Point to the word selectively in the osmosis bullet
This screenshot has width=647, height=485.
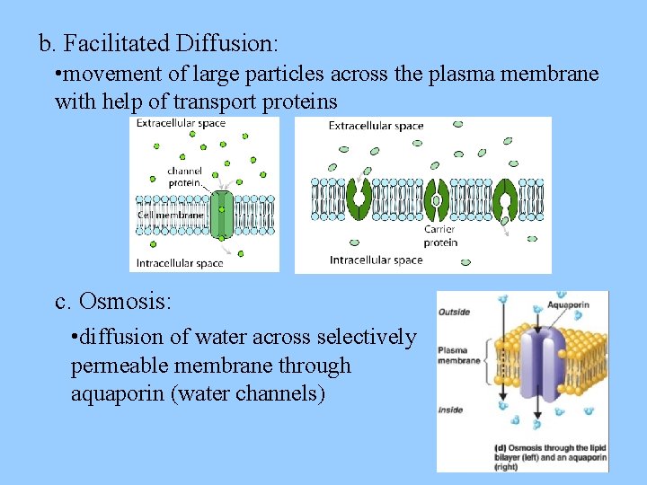tap(363, 338)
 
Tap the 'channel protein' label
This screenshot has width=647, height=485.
tap(184, 176)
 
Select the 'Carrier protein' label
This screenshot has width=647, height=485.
tap(440, 235)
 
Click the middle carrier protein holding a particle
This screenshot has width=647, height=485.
tap(437, 200)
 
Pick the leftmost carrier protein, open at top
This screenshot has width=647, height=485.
tap(360, 198)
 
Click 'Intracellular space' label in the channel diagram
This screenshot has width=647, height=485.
tap(180, 263)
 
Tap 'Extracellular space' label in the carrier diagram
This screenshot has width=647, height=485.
tap(376, 126)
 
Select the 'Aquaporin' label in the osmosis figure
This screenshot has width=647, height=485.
tap(568, 305)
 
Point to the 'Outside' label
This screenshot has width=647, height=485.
tap(454, 313)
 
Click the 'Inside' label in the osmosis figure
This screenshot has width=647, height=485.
tap(451, 410)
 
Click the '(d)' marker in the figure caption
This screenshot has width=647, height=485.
tap(500, 447)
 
